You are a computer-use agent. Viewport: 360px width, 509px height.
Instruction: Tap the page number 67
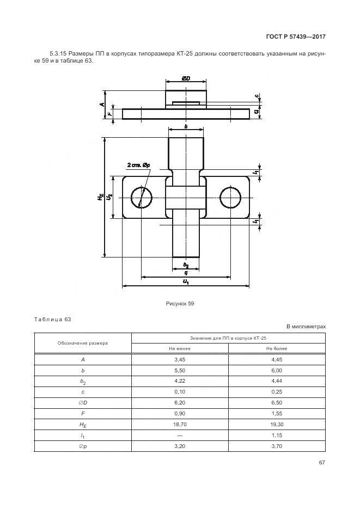(x=322, y=463)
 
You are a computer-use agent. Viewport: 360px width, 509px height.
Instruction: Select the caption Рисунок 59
(x=180, y=304)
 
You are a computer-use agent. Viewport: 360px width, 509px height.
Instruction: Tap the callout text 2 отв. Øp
(x=139, y=164)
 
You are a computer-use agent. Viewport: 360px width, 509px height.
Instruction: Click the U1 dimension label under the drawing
(x=186, y=281)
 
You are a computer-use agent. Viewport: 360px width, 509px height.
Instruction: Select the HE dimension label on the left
(x=101, y=198)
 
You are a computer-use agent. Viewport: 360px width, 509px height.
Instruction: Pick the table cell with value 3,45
(x=180, y=360)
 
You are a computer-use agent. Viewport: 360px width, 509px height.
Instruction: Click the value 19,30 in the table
(x=277, y=424)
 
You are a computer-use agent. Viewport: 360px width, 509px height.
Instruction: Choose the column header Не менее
(x=180, y=348)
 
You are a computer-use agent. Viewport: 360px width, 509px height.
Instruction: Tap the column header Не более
(x=277, y=348)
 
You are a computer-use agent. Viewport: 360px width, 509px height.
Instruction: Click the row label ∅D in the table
(x=83, y=403)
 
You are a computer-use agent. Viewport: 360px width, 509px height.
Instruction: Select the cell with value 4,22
(x=180, y=381)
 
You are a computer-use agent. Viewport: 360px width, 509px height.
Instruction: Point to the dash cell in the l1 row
(x=180, y=435)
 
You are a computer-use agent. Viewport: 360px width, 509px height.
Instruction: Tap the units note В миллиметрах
(x=306, y=326)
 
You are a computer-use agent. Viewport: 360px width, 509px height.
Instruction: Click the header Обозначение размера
(x=83, y=343)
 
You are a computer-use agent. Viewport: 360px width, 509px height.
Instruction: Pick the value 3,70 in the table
(x=277, y=446)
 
